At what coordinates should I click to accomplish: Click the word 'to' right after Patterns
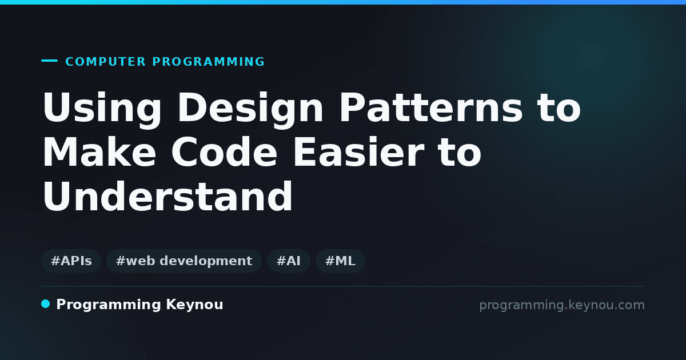click(x=559, y=108)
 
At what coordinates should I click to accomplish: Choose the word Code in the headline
click(x=224, y=152)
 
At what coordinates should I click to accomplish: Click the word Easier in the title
click(x=358, y=152)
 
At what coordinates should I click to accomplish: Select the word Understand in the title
click(x=168, y=196)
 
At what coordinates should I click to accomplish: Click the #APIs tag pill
click(x=71, y=261)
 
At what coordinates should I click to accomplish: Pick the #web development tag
click(x=184, y=261)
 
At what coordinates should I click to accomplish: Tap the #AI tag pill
click(x=289, y=261)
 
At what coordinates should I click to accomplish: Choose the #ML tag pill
click(x=340, y=261)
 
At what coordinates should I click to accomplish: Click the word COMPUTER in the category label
click(x=106, y=62)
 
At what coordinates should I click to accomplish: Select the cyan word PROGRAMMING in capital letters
click(x=208, y=62)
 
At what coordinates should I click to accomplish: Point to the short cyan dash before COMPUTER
click(x=49, y=61)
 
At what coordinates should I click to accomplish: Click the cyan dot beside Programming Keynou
click(x=45, y=304)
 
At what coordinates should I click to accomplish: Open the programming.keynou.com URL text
click(x=562, y=305)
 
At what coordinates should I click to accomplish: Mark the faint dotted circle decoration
click(x=592, y=57)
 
